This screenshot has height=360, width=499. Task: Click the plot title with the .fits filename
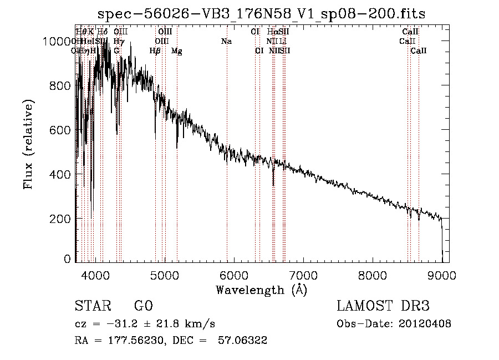point(261,14)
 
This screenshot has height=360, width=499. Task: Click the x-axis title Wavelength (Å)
point(261,290)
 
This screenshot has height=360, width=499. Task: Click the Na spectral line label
point(226,41)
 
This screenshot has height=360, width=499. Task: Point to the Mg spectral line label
point(176,51)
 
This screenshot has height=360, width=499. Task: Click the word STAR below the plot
point(92,306)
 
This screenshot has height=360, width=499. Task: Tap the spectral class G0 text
point(143,306)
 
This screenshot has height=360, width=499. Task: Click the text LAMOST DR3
point(383,306)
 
